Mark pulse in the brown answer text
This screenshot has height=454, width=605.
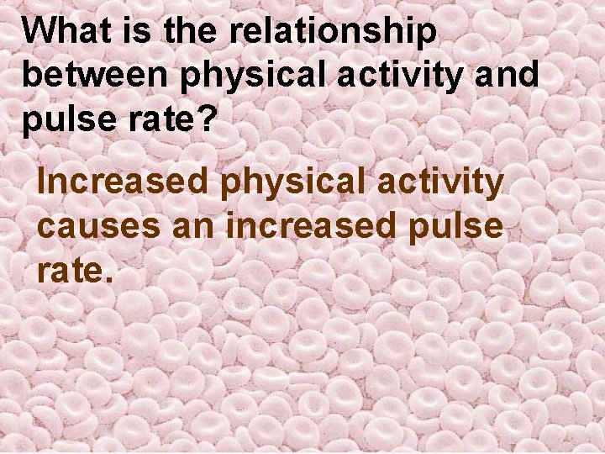[457, 227]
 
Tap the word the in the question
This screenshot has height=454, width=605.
[193, 32]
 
